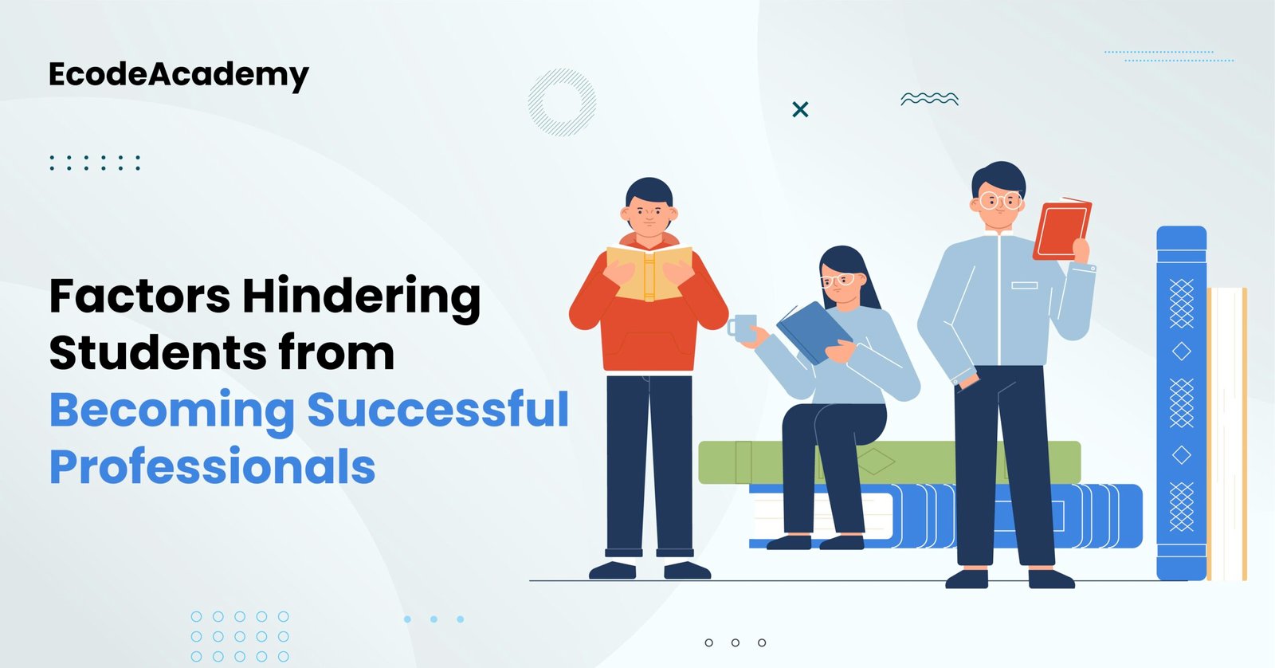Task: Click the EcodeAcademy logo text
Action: pyautogui.click(x=178, y=75)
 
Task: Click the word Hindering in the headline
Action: pyautogui.click(x=361, y=297)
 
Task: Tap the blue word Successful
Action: pyautogui.click(x=437, y=411)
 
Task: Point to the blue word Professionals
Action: pyautogui.click(x=212, y=467)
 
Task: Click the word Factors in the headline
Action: pyautogui.click(x=139, y=297)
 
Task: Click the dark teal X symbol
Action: pyautogui.click(x=800, y=109)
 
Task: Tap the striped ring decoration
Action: pyautogui.click(x=562, y=102)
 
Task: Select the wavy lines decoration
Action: pyautogui.click(x=929, y=99)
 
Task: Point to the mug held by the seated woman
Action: pyautogui.click(x=743, y=328)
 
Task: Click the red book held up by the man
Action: pyautogui.click(x=1061, y=230)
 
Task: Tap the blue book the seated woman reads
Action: pyautogui.click(x=812, y=332)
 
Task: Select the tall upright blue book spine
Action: pyautogui.click(x=1181, y=403)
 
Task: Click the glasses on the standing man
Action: pyautogui.click(x=1000, y=200)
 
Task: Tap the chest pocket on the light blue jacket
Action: pyautogui.click(x=1024, y=285)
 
